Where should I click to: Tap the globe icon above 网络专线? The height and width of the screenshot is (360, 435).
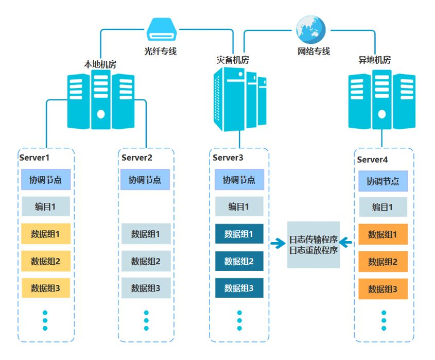pyautogui.click(x=310, y=29)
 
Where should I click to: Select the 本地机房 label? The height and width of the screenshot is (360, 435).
pyautogui.click(x=100, y=64)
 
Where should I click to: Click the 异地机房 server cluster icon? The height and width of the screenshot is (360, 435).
pyautogui.click(x=381, y=100)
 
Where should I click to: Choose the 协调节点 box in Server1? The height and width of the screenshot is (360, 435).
pyautogui.click(x=45, y=180)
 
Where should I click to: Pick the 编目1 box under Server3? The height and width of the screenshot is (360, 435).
pyautogui.click(x=239, y=207)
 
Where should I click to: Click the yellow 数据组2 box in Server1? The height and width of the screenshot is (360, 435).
pyautogui.click(x=45, y=261)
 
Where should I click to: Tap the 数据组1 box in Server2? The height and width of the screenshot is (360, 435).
pyautogui.click(x=146, y=234)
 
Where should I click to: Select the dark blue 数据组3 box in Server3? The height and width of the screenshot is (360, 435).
pyautogui.click(x=239, y=288)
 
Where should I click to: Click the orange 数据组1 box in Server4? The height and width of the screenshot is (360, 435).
pyautogui.click(x=382, y=234)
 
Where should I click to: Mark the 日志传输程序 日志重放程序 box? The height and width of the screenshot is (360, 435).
pyautogui.click(x=313, y=245)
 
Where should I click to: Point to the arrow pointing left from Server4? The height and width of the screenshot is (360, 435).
pyautogui.click(x=345, y=242)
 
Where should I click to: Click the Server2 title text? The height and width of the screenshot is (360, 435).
pyautogui.click(x=137, y=158)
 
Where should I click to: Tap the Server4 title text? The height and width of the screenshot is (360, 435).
pyautogui.click(x=372, y=160)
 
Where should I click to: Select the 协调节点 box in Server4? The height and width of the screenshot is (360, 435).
pyautogui.click(x=382, y=181)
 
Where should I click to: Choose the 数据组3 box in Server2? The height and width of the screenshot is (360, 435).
pyautogui.click(x=146, y=288)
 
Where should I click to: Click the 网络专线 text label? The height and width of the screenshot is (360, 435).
pyautogui.click(x=314, y=52)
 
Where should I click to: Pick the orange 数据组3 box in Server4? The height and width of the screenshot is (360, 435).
pyautogui.click(x=382, y=289)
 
